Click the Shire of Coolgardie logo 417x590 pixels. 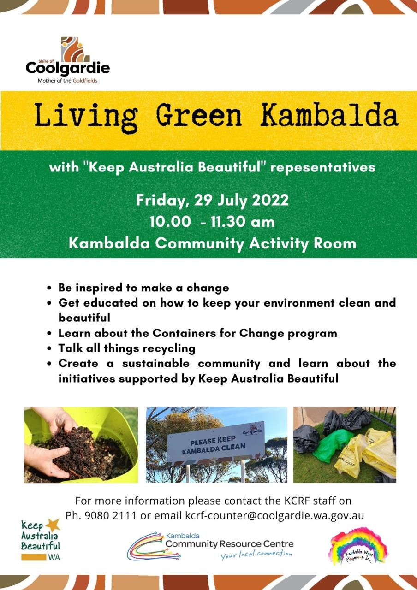click(x=68, y=59)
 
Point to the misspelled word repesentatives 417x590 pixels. click(x=323, y=167)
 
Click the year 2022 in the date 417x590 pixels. click(x=268, y=201)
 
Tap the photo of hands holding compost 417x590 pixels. click(x=81, y=445)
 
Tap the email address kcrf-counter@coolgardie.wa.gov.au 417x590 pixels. click(x=274, y=516)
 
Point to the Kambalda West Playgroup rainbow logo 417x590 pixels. click(x=358, y=547)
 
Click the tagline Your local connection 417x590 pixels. click(x=256, y=554)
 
